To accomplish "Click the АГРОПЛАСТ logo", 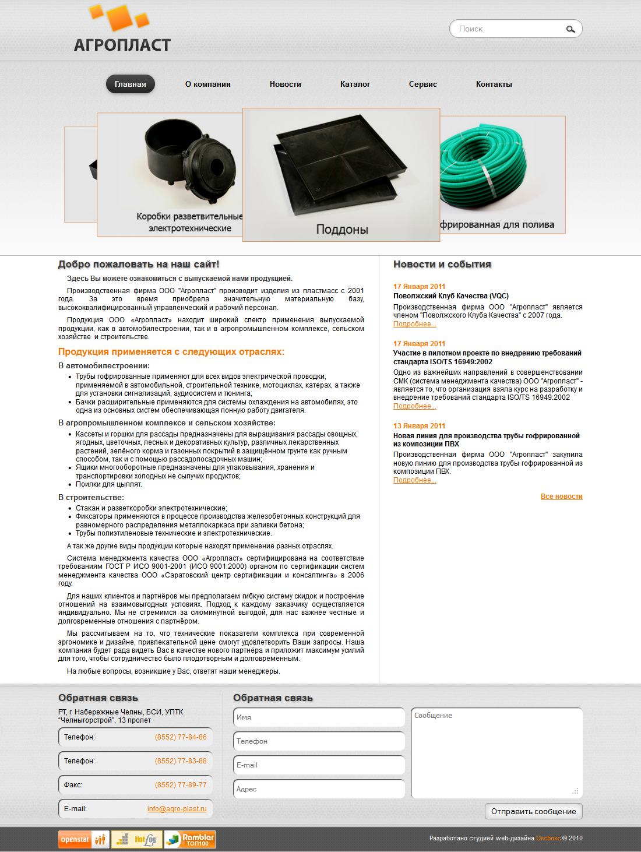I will point(122,29).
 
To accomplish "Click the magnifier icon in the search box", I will point(570,29).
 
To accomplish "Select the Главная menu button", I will point(131,84).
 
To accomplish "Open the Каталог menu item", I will point(355,84).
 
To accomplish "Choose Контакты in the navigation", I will point(494,84).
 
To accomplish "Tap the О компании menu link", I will point(208,84).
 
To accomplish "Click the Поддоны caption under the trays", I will point(342,229).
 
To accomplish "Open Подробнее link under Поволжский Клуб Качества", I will point(414,324).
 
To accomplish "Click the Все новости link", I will point(561,497).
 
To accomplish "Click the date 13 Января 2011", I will point(419,426).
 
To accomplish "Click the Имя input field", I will point(319,717).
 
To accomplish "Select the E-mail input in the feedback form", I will point(319,765).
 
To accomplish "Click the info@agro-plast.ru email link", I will point(177,809).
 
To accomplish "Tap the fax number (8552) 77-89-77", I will point(181,785).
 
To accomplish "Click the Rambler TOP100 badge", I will point(190,839).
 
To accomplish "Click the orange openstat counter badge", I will point(75,839).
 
